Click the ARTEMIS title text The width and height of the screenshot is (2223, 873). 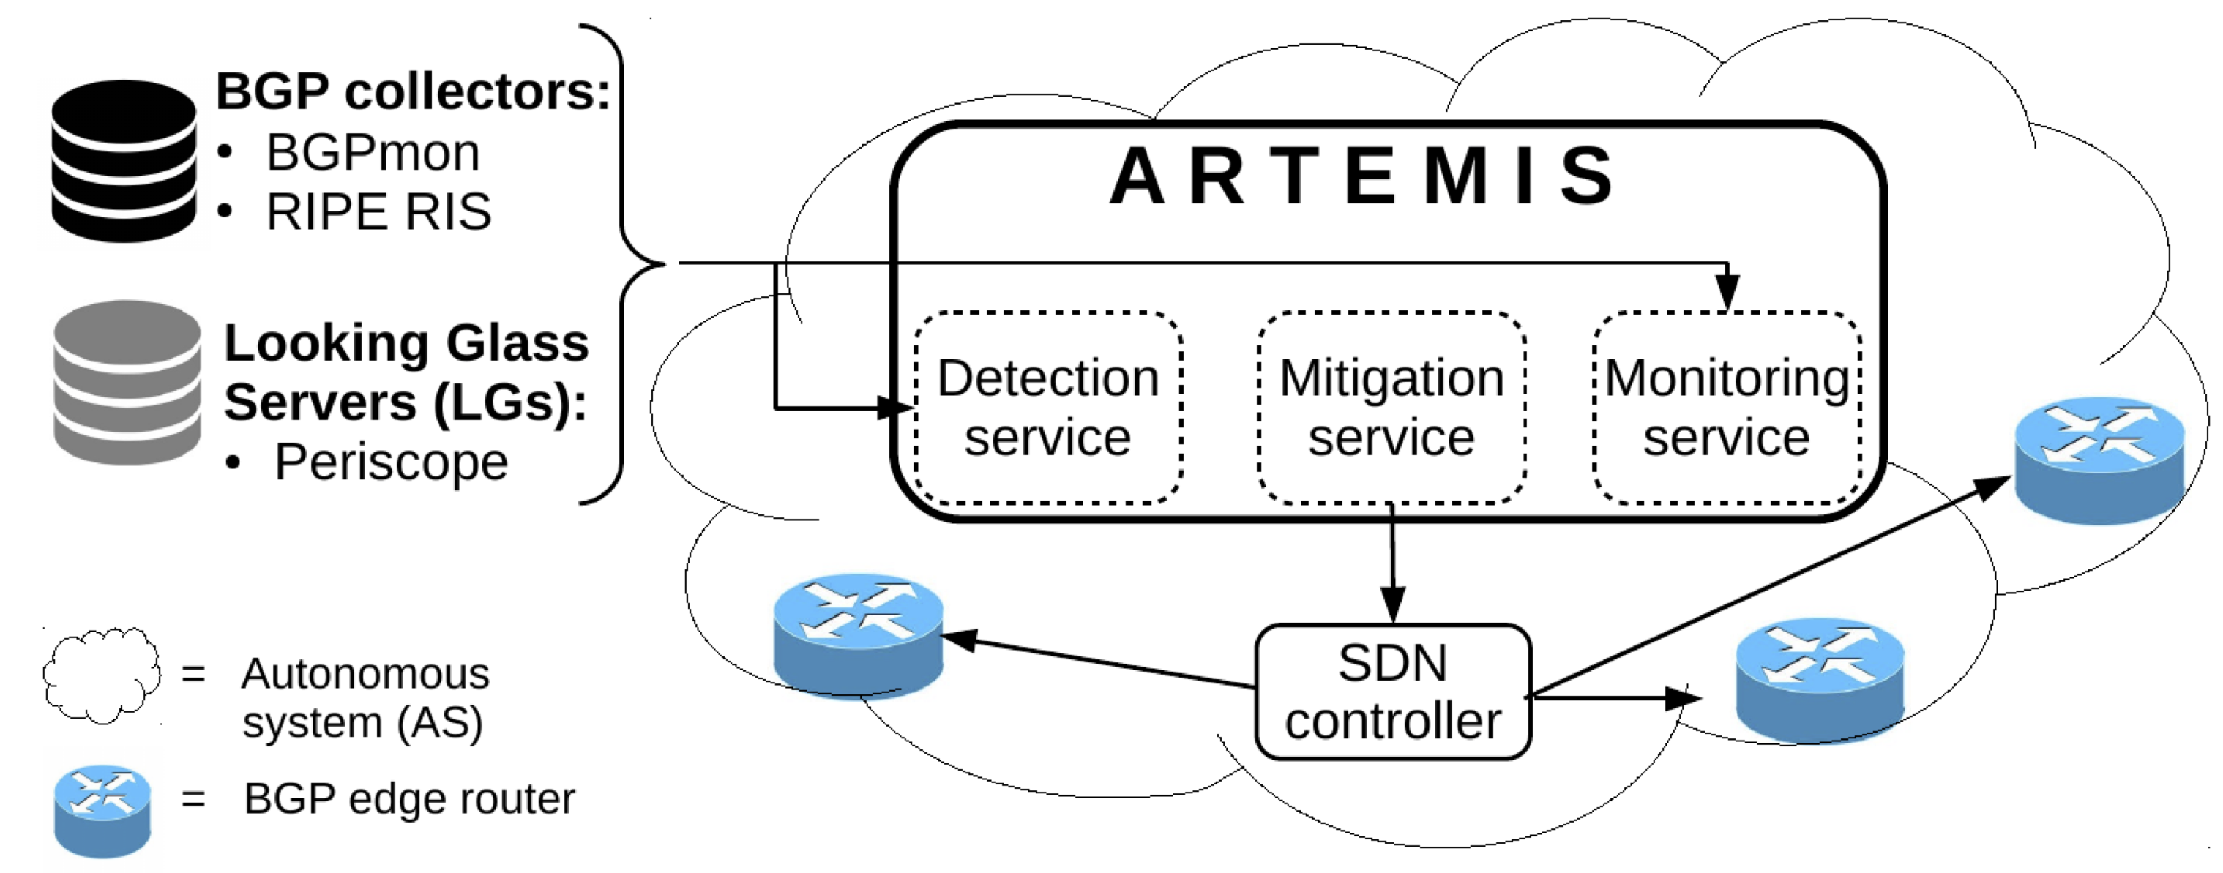pyautogui.click(x=1361, y=177)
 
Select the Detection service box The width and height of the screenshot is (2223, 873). pyautogui.click(x=1047, y=407)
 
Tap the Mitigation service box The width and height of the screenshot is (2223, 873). pyautogui.click(x=1391, y=407)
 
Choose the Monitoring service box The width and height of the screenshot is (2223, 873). pyautogui.click(x=1726, y=407)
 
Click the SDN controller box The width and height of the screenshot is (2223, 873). pyautogui.click(x=1393, y=692)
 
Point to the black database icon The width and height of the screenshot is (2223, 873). pyautogui.click(x=124, y=160)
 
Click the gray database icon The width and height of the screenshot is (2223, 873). pyautogui.click(x=127, y=382)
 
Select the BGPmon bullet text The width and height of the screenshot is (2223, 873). pyautogui.click(x=372, y=153)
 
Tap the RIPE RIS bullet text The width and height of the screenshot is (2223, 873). pyautogui.click(x=378, y=212)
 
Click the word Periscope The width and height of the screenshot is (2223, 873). pyautogui.click(x=391, y=462)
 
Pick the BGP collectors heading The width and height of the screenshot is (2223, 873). pyautogui.click(x=413, y=91)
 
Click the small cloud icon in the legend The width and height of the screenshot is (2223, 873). pyautogui.click(x=102, y=675)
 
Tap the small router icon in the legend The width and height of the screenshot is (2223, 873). pyautogui.click(x=102, y=810)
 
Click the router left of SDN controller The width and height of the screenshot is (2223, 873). pyautogui.click(x=858, y=636)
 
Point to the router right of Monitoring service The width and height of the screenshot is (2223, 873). pyautogui.click(x=2099, y=459)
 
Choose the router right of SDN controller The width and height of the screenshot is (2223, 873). pyautogui.click(x=1819, y=679)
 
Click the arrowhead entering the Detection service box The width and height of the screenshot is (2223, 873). pyautogui.click(x=896, y=407)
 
